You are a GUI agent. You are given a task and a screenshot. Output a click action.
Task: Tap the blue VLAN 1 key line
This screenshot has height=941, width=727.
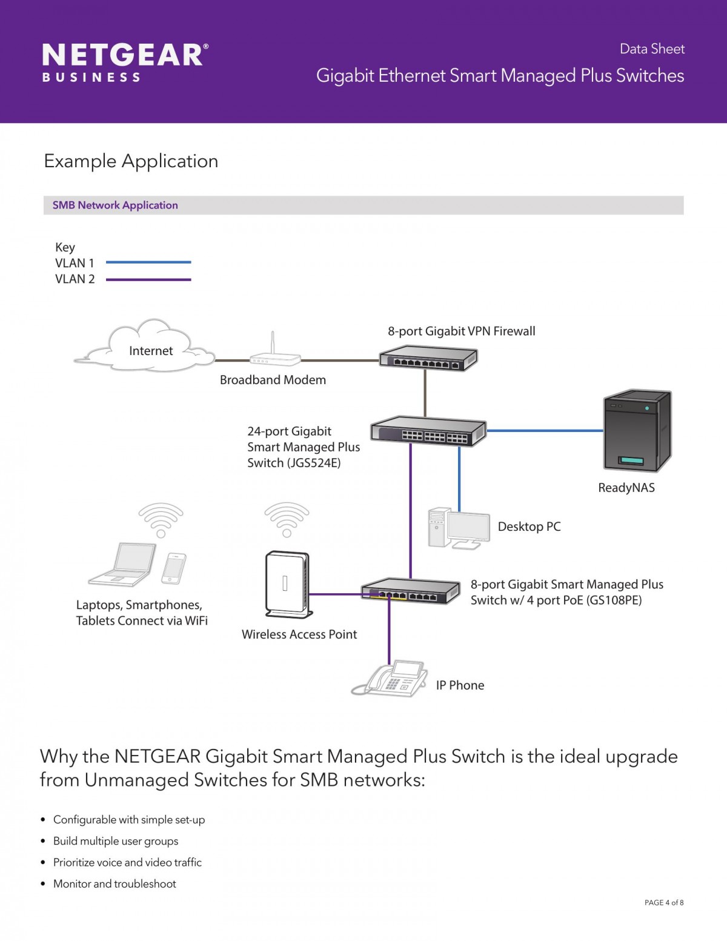[x=148, y=262]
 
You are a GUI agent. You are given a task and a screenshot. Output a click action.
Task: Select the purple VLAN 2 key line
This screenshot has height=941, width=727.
[x=148, y=279]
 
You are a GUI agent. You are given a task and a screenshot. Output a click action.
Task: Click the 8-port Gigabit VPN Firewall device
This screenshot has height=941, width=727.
[x=428, y=357]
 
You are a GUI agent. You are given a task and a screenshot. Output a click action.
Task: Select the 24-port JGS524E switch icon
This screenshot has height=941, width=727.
[x=428, y=431]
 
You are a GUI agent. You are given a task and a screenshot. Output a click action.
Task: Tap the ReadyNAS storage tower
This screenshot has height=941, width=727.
[x=637, y=430]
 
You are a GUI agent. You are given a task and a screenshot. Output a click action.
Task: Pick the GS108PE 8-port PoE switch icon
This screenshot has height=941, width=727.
[x=411, y=591]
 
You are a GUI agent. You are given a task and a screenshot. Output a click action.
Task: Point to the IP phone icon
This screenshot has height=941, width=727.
[x=390, y=679]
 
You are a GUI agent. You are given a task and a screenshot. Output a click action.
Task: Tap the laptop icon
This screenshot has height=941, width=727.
[x=122, y=564]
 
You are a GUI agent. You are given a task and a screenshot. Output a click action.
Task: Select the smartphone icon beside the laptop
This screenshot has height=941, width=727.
[x=174, y=568]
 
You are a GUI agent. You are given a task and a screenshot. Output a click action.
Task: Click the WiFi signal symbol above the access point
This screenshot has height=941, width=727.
[x=287, y=520]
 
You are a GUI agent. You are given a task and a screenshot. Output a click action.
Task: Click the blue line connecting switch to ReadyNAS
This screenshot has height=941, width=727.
[x=545, y=431]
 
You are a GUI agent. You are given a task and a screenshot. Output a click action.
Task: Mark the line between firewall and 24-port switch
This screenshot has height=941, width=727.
[x=425, y=393]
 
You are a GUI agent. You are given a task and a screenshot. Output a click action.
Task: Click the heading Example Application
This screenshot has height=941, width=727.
[x=131, y=161]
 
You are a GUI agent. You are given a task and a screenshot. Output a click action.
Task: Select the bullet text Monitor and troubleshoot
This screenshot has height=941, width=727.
[x=115, y=884]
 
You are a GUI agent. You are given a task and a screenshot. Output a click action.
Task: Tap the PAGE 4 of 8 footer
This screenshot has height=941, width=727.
[x=664, y=902]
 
